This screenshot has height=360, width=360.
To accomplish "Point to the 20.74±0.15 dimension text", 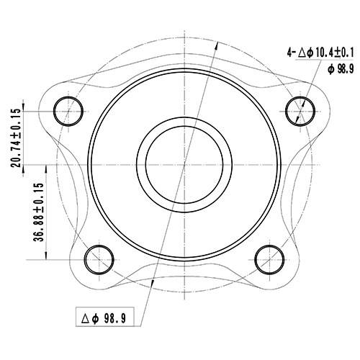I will [x=16, y=139].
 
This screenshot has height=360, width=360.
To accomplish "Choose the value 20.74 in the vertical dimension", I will [x=16, y=154].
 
